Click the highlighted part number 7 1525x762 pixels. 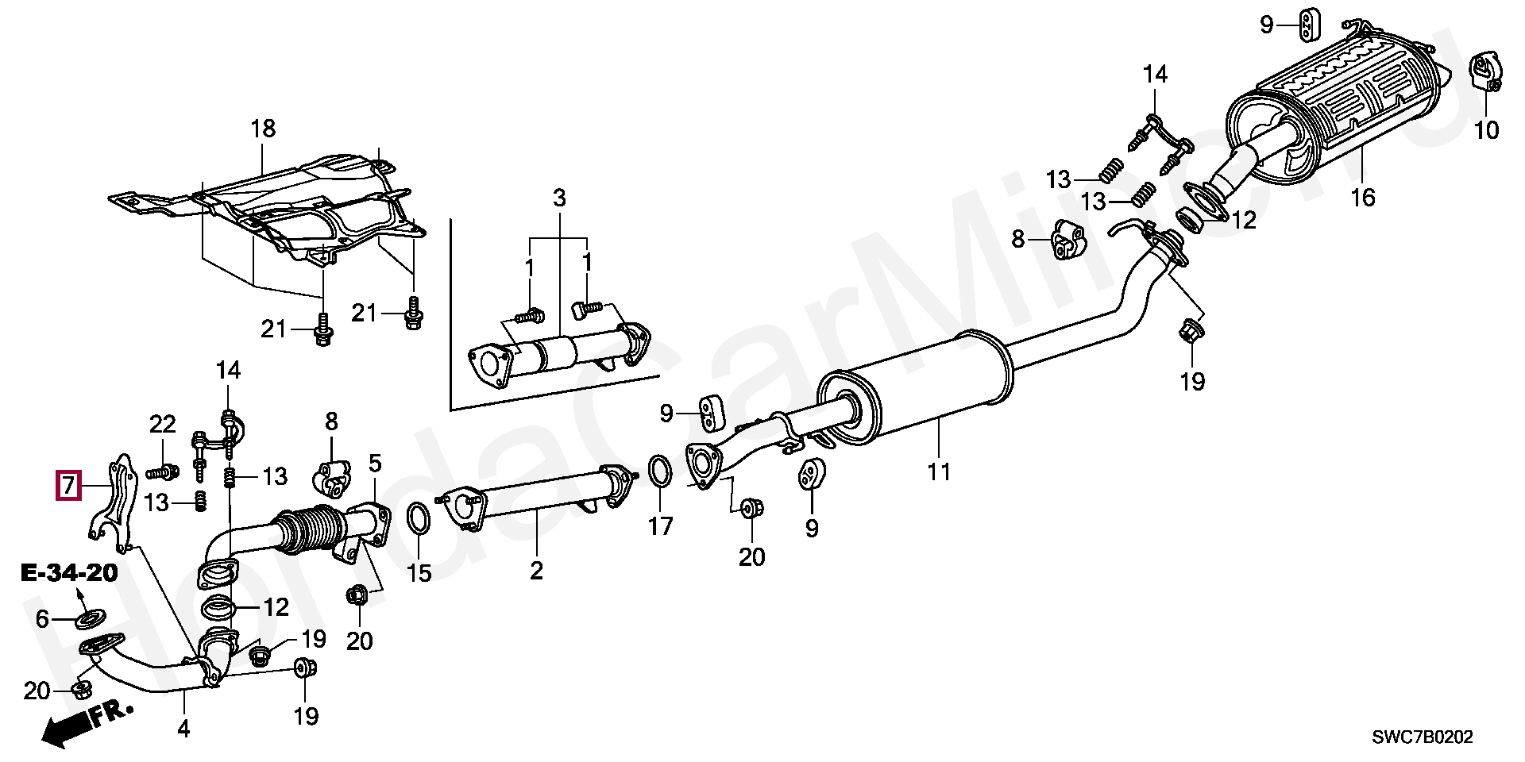tap(68, 485)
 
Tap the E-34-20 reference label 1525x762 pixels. tap(69, 573)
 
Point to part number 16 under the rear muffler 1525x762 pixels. tap(1362, 197)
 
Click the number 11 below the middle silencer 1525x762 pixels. tap(938, 472)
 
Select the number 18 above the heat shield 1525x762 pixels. tap(263, 128)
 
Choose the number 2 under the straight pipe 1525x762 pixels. tap(536, 570)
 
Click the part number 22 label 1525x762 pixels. tap(162, 425)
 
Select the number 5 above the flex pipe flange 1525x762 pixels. tap(375, 463)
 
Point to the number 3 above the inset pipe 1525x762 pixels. tap(559, 198)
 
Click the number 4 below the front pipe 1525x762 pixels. tap(183, 728)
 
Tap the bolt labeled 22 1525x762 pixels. tap(162, 472)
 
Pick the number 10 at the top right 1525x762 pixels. tap(1486, 129)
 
